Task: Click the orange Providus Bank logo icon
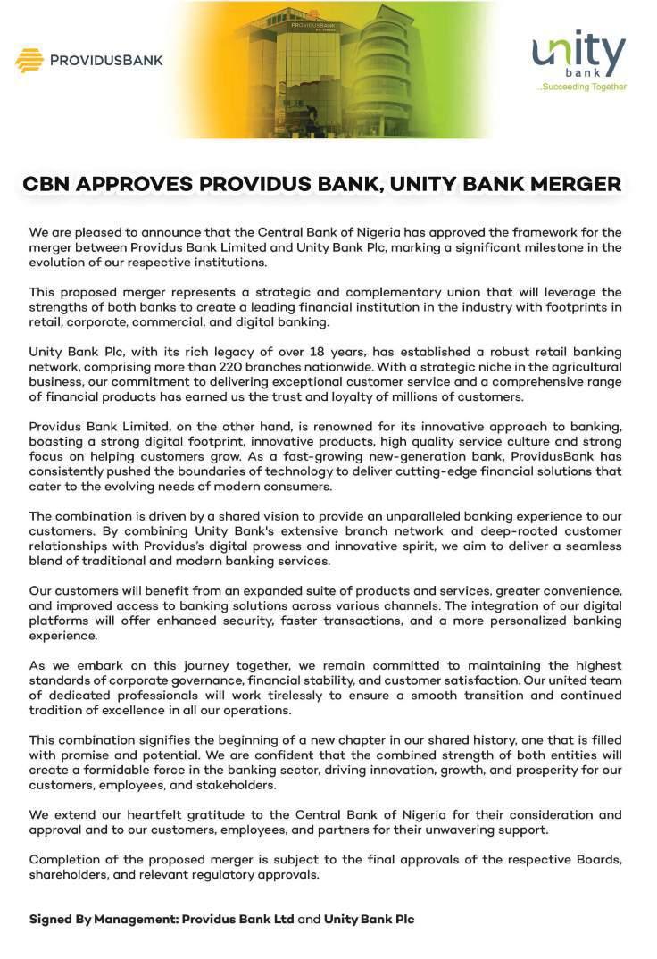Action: pos(29,60)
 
